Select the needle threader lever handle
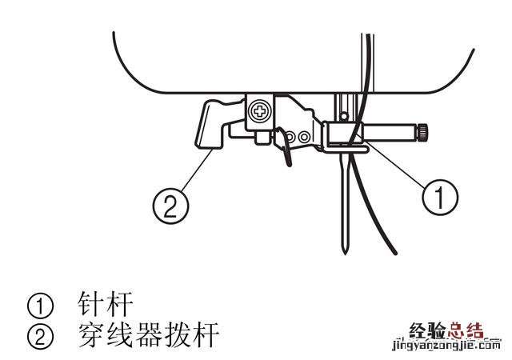[210, 123]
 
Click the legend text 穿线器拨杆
[148, 334]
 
